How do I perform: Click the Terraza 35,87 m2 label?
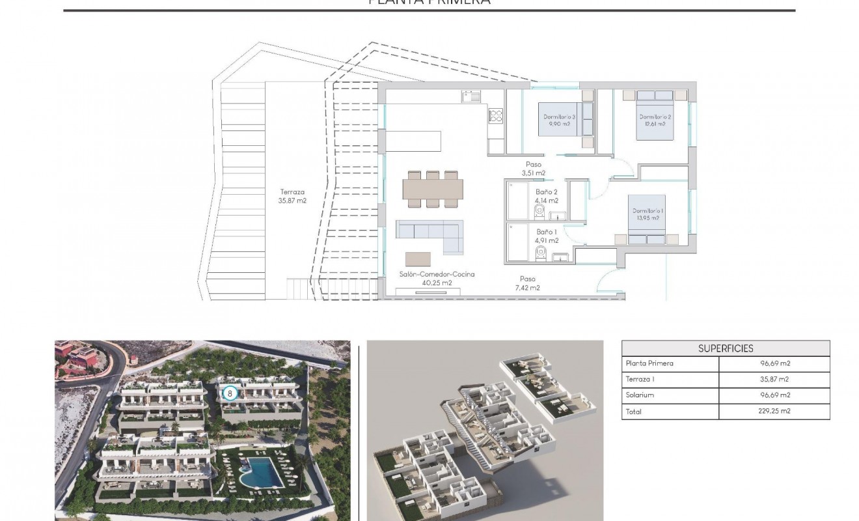(x=293, y=196)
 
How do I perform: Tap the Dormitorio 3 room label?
(x=560, y=120)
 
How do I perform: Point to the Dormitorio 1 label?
(x=648, y=214)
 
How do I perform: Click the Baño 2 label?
(x=547, y=196)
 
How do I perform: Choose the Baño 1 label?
(x=547, y=236)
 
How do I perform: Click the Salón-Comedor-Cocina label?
(x=437, y=278)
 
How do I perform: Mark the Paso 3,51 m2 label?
(x=533, y=169)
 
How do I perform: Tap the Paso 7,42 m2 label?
(x=527, y=283)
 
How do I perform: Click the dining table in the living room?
(x=433, y=189)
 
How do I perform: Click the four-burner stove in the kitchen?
(x=496, y=116)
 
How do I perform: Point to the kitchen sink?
(x=471, y=96)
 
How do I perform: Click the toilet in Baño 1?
(x=539, y=251)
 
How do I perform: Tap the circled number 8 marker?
(x=229, y=393)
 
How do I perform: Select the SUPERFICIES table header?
(x=726, y=348)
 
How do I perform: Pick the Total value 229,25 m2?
(x=774, y=411)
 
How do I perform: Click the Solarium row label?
(x=640, y=395)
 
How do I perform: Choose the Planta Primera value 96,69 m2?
(x=774, y=363)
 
